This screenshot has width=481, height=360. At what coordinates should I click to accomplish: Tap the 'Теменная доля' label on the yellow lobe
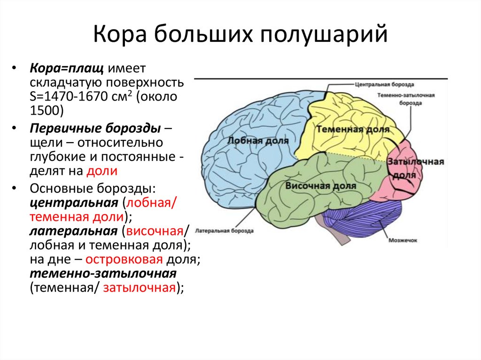coord(353,129)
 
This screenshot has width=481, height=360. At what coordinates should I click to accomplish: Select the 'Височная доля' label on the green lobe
coord(321,185)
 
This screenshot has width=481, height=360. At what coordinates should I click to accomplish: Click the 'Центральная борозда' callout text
coord(384,85)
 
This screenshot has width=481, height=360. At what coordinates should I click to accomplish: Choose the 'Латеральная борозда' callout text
coord(224,231)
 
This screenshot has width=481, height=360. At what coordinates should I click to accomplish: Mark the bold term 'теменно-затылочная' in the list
coord(103,274)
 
